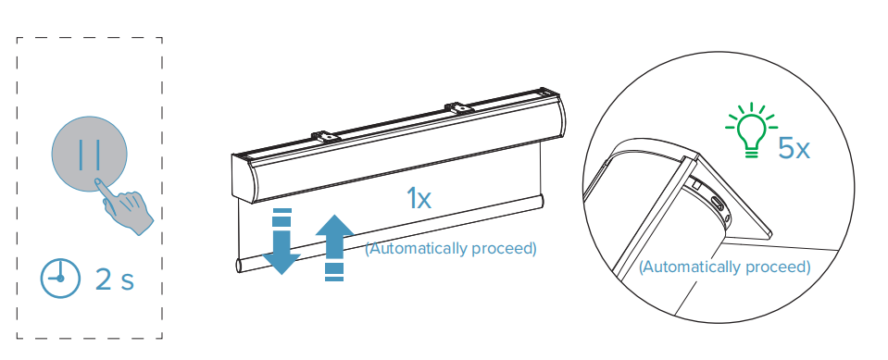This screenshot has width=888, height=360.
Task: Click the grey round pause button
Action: pyautogui.click(x=88, y=154)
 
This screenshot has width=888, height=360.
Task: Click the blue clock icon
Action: pyautogui.click(x=59, y=279)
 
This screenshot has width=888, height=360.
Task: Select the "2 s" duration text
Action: pyautogui.click(x=115, y=279)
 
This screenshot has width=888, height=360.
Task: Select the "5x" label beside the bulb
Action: pyautogui.click(x=794, y=148)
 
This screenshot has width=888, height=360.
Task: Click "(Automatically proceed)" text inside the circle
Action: pyautogui.click(x=724, y=267)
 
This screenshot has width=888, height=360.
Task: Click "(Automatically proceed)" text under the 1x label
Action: pyautogui.click(x=450, y=248)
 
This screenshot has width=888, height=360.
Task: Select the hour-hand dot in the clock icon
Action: pyautogui.click(x=59, y=279)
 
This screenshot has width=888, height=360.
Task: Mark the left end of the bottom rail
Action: pyautogui.click(x=240, y=265)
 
